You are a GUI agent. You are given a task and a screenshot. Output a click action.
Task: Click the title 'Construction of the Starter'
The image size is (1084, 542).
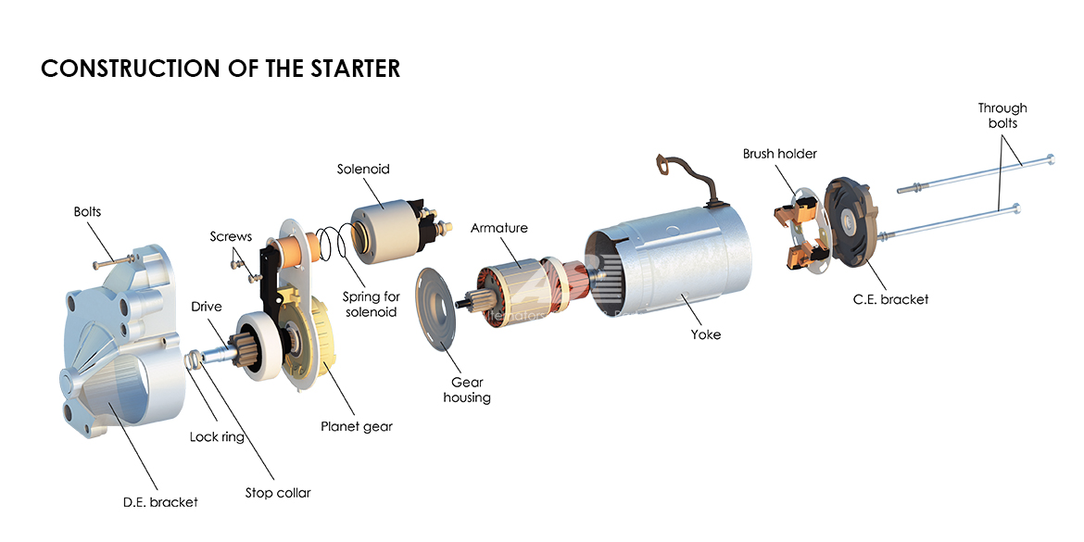click(x=221, y=69)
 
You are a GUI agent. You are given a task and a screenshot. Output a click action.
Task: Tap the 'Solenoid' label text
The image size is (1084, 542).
click(x=363, y=170)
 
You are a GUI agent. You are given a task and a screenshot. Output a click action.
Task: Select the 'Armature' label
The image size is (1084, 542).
click(x=498, y=228)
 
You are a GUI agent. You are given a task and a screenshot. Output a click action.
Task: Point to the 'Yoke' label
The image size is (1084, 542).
click(x=705, y=334)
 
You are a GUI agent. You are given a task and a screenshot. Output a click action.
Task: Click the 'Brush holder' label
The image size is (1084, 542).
click(x=779, y=154)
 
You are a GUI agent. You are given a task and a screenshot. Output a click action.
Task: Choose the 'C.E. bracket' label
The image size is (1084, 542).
click(x=890, y=299)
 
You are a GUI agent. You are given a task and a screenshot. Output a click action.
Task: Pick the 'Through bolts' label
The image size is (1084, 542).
click(x=1002, y=116)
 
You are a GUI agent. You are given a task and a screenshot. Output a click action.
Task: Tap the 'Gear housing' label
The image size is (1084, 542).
click(x=468, y=389)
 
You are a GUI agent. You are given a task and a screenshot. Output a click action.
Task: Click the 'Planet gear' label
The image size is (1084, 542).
click(x=357, y=426)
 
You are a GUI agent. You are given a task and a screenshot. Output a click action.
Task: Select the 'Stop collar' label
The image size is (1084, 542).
click(x=278, y=493)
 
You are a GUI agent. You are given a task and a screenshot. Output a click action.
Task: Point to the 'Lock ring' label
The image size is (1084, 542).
click(x=217, y=436)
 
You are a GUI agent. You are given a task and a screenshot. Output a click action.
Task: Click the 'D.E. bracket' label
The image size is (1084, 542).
click(x=160, y=502)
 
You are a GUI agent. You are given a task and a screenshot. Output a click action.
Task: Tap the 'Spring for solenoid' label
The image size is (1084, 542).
click(x=372, y=304)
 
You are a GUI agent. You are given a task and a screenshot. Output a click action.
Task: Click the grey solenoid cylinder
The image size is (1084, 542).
click(x=384, y=227)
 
